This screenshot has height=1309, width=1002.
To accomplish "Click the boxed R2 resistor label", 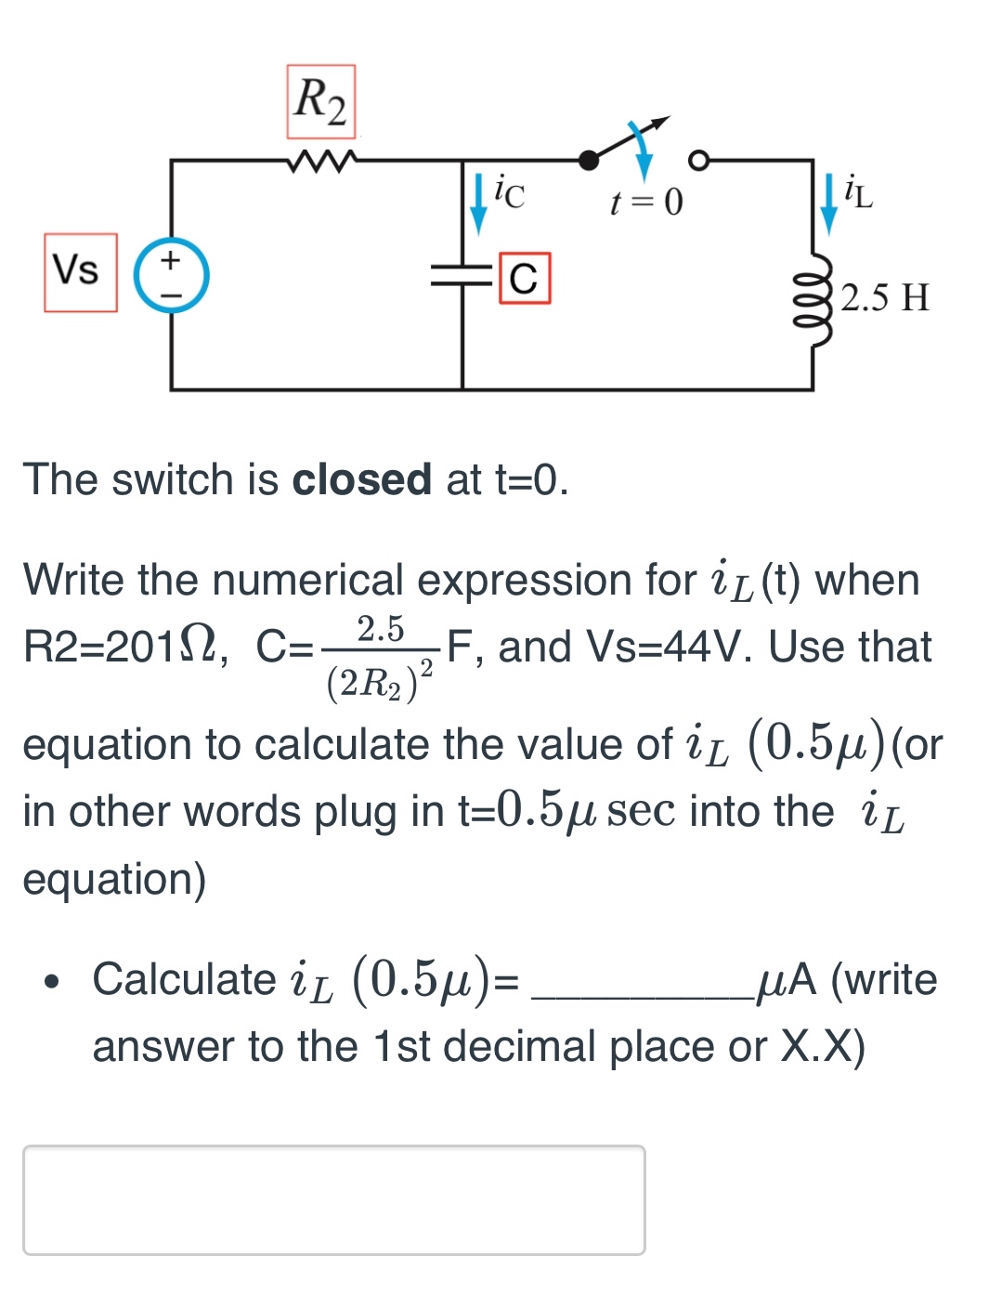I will tap(320, 101).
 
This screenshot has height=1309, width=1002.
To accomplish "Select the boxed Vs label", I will tap(80, 271).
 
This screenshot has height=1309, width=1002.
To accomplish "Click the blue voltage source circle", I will tap(172, 275).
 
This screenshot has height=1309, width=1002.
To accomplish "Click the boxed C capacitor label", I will tap(525, 278).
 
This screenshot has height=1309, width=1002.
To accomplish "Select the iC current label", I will tap(509, 191).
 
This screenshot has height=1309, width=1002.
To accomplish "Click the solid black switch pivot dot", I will tap(589, 161).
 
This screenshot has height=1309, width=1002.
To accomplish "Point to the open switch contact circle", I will tap(698, 160).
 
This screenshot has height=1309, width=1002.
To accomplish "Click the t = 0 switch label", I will tap(646, 202).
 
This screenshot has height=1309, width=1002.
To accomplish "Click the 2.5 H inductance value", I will tap(885, 297).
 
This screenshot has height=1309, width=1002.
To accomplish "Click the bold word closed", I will tap(361, 480).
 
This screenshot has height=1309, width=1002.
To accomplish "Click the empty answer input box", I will tap(334, 1199).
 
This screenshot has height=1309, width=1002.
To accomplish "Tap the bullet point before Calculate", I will tap(55, 981).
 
